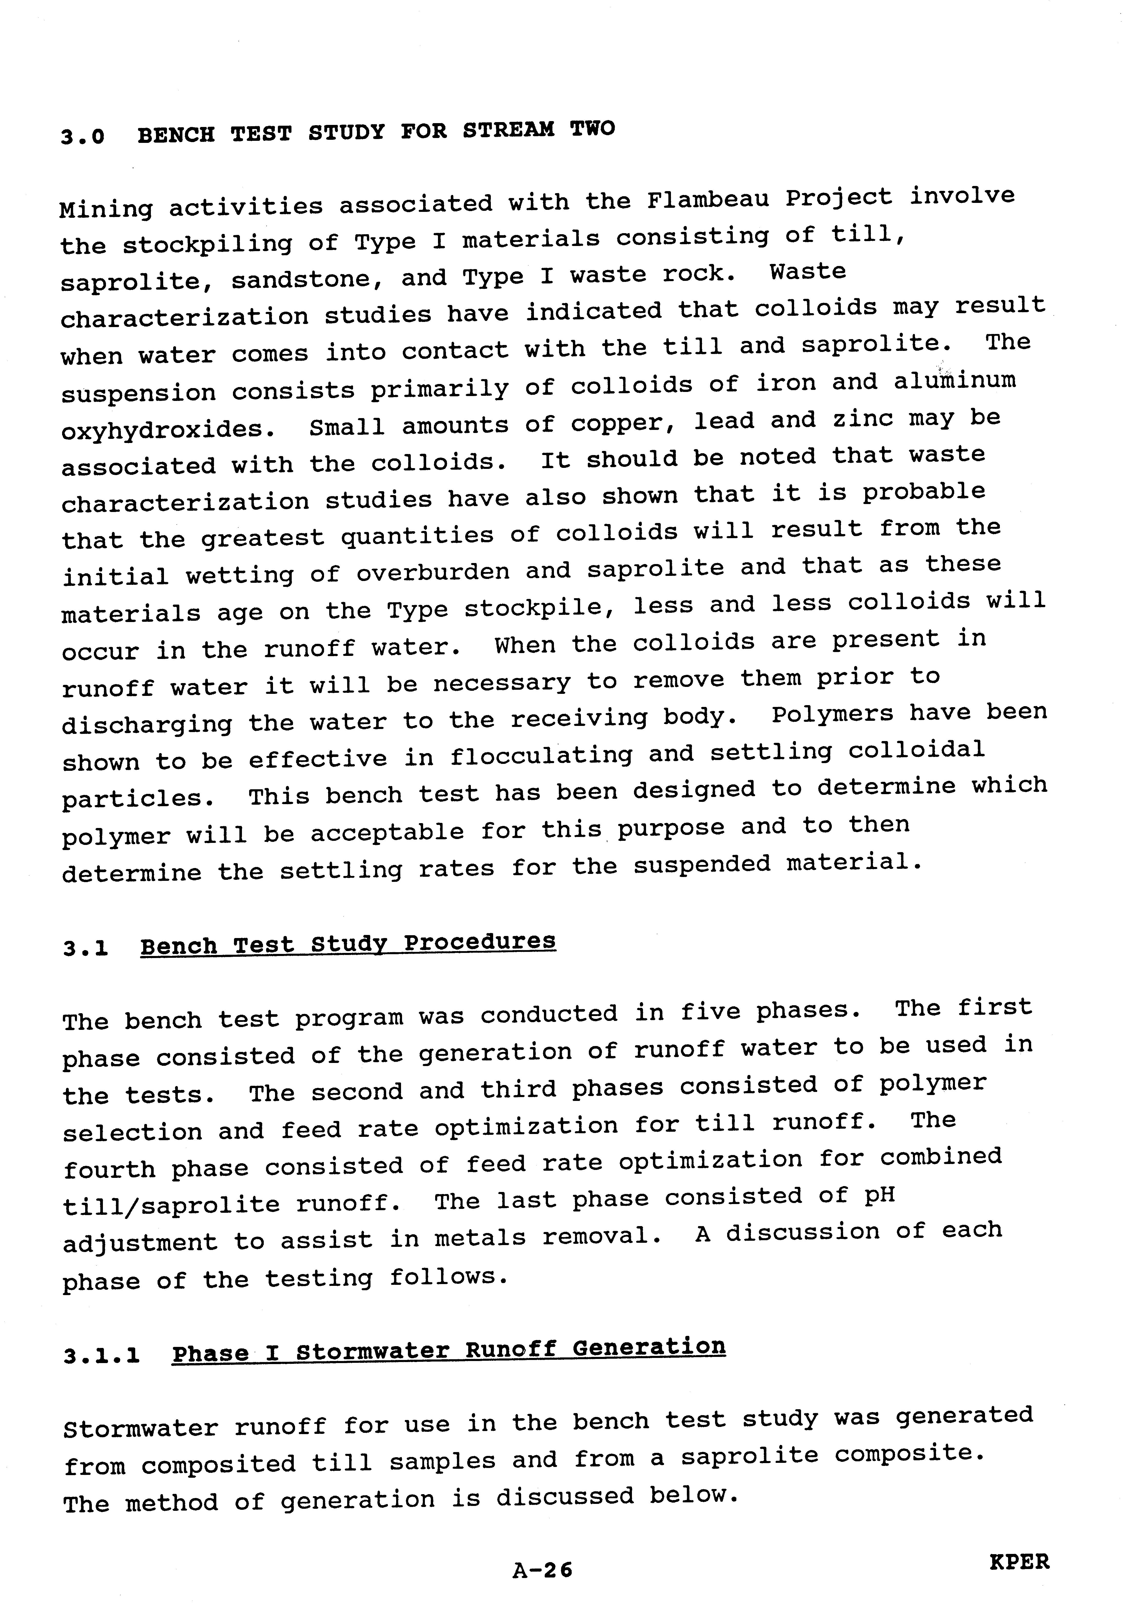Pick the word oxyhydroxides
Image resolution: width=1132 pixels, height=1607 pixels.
pyautogui.click(x=167, y=429)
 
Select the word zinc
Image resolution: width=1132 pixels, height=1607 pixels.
pyautogui.click(x=862, y=419)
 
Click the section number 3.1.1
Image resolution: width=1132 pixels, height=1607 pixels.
pyautogui.click(x=102, y=1356)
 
